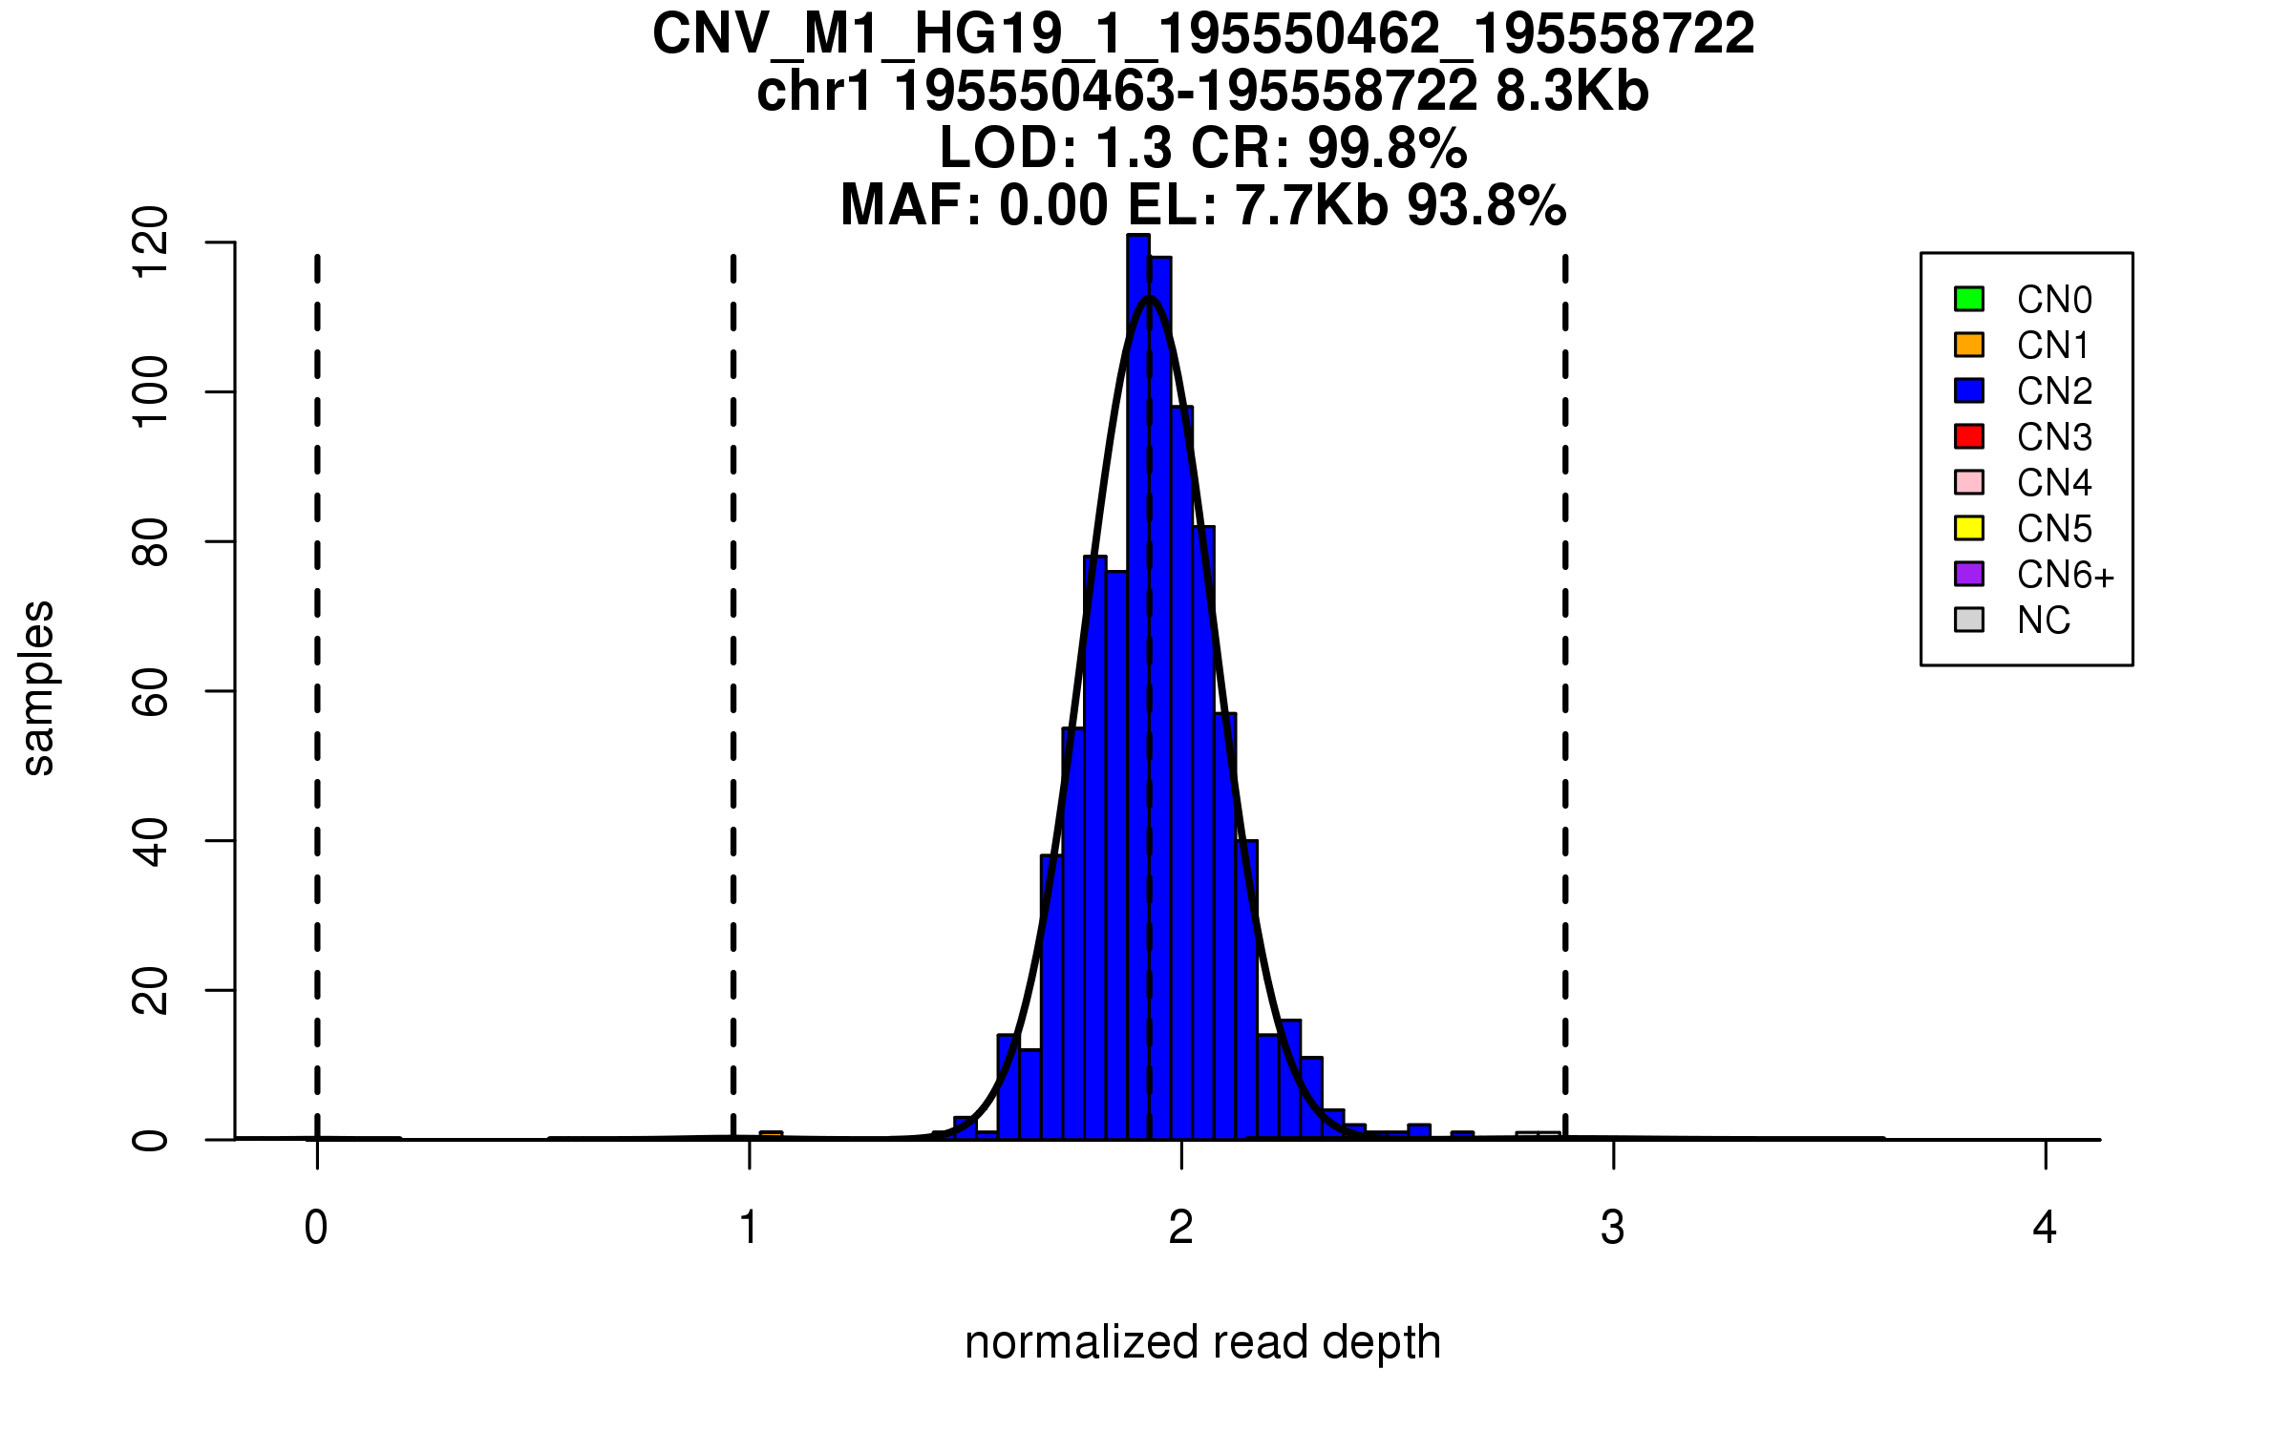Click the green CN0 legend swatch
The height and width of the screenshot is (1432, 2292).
pyautogui.click(x=1968, y=299)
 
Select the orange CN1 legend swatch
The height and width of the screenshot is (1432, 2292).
pyautogui.click(x=1968, y=345)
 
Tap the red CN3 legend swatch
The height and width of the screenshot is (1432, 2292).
pyautogui.click(x=1968, y=436)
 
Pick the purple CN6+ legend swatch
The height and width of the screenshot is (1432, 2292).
pyautogui.click(x=1968, y=574)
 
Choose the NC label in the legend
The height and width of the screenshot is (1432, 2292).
pyautogui.click(x=2043, y=621)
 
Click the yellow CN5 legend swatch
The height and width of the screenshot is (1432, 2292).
pyautogui.click(x=1968, y=528)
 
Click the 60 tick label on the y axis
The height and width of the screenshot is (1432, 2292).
pyautogui.click(x=151, y=691)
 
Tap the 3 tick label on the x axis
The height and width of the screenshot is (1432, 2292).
pyautogui.click(x=1613, y=1228)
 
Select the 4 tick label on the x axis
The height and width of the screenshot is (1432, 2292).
pyautogui.click(x=2045, y=1228)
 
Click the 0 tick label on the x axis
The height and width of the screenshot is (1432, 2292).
pyautogui.click(x=316, y=1228)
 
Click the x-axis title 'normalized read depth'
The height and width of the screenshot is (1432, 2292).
pyautogui.click(x=1202, y=1342)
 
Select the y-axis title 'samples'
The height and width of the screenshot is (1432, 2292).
pyautogui.click(x=38, y=687)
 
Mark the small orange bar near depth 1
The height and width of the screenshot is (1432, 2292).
pyautogui.click(x=771, y=1135)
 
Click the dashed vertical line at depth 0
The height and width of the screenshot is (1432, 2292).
pyautogui.click(x=317, y=668)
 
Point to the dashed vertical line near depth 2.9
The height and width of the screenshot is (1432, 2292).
pyautogui.click(x=1565, y=668)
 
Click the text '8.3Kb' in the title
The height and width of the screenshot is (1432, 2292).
pyautogui.click(x=1572, y=92)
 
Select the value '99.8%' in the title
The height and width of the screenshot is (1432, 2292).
pyautogui.click(x=1387, y=148)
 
